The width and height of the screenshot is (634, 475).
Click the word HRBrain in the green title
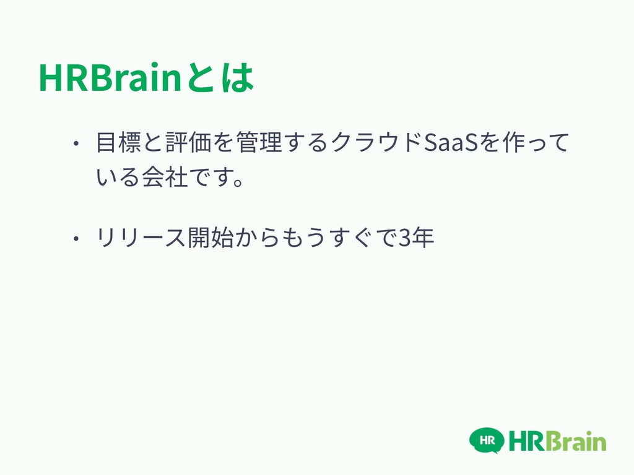tap(110, 77)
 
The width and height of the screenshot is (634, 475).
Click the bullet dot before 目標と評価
tap(76, 143)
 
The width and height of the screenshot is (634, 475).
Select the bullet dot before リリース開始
tap(76, 238)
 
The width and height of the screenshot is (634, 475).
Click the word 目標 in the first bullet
tap(118, 142)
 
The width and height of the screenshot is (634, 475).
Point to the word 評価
tap(189, 142)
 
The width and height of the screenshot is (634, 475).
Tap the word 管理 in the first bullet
tap(259, 142)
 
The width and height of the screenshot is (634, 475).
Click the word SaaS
tap(451, 143)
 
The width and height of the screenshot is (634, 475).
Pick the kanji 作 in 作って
tap(513, 142)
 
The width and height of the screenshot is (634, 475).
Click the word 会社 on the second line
tap(165, 177)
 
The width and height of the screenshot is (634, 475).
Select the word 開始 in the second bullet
tap(211, 237)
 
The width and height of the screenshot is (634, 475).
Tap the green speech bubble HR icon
tap(487, 440)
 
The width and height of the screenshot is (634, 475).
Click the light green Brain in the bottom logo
tap(578, 441)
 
